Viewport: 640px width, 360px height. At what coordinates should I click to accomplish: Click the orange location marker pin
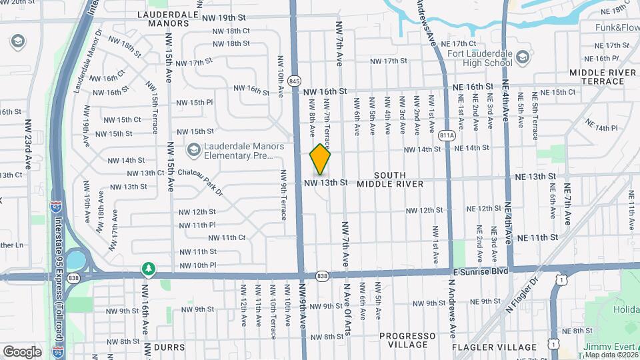(x=321, y=159)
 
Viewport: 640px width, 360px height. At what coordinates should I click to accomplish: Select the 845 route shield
(x=295, y=81)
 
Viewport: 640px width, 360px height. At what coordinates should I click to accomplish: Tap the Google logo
(x=22, y=351)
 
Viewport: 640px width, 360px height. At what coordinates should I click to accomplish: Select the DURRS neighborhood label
(x=169, y=347)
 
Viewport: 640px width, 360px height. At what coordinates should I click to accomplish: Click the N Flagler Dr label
(x=522, y=295)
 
